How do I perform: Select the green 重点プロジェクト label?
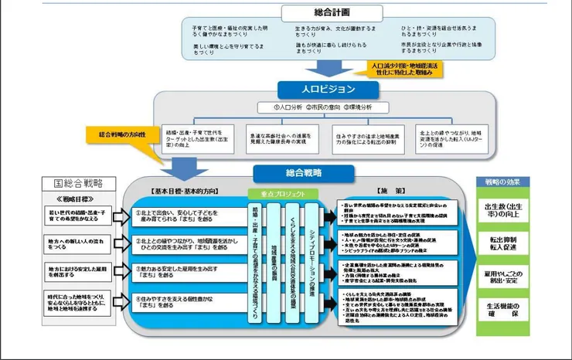279,194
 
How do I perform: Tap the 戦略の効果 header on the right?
502,182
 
